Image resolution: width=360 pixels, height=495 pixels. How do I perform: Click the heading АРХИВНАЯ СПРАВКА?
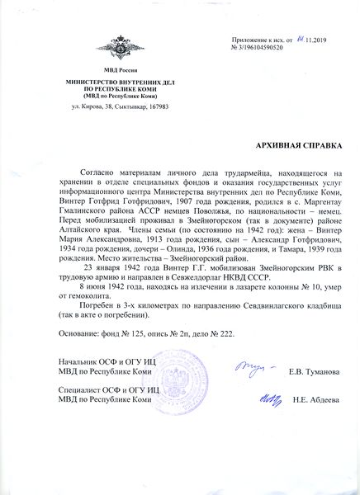point(298,144)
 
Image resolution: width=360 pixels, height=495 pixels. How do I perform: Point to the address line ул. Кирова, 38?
point(109,107)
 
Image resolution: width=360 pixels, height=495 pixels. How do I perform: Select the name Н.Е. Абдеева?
point(315,401)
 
